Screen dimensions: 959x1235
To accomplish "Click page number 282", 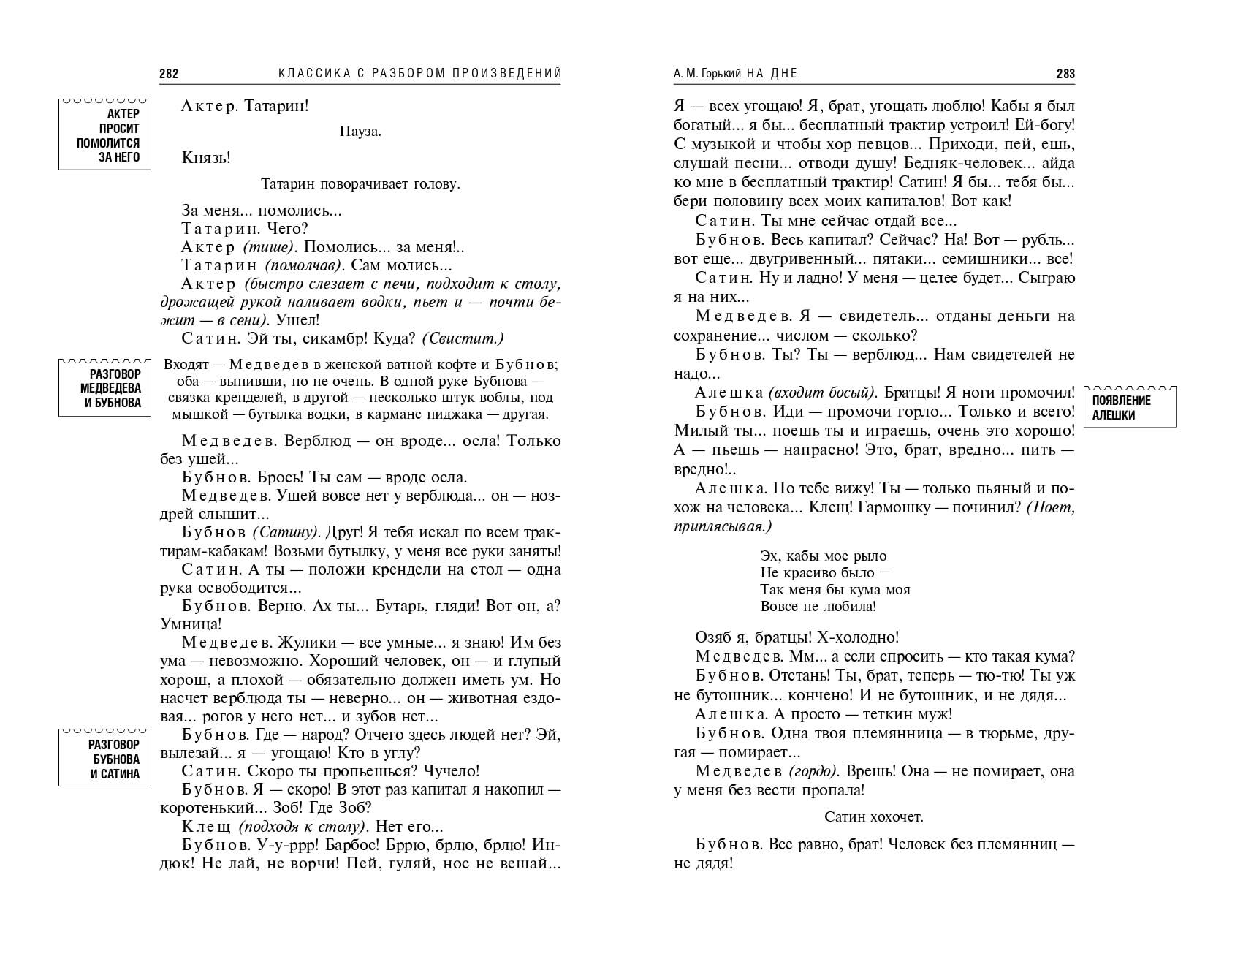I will click(x=169, y=73).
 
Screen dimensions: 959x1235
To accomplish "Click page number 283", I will click(x=1065, y=73).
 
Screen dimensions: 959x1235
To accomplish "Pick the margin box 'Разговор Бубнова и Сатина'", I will click(x=105, y=759).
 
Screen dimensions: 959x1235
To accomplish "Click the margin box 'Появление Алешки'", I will click(x=1130, y=408).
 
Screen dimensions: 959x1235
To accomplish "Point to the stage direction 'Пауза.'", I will click(x=360, y=132).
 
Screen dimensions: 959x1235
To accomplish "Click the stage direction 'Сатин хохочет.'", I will click(x=874, y=816).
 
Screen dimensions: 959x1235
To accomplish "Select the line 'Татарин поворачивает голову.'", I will click(x=360, y=184).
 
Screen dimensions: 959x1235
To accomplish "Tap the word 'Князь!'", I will click(x=206, y=158).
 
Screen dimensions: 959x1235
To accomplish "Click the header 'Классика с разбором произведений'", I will click(x=420, y=73).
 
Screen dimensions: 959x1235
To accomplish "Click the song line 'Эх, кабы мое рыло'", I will click(x=824, y=556).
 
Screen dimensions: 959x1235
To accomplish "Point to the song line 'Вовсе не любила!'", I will click(x=818, y=606).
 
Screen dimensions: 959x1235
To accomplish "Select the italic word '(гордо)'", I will click(x=813, y=771).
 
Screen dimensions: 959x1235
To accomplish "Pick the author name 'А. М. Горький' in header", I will click(x=707, y=73).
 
